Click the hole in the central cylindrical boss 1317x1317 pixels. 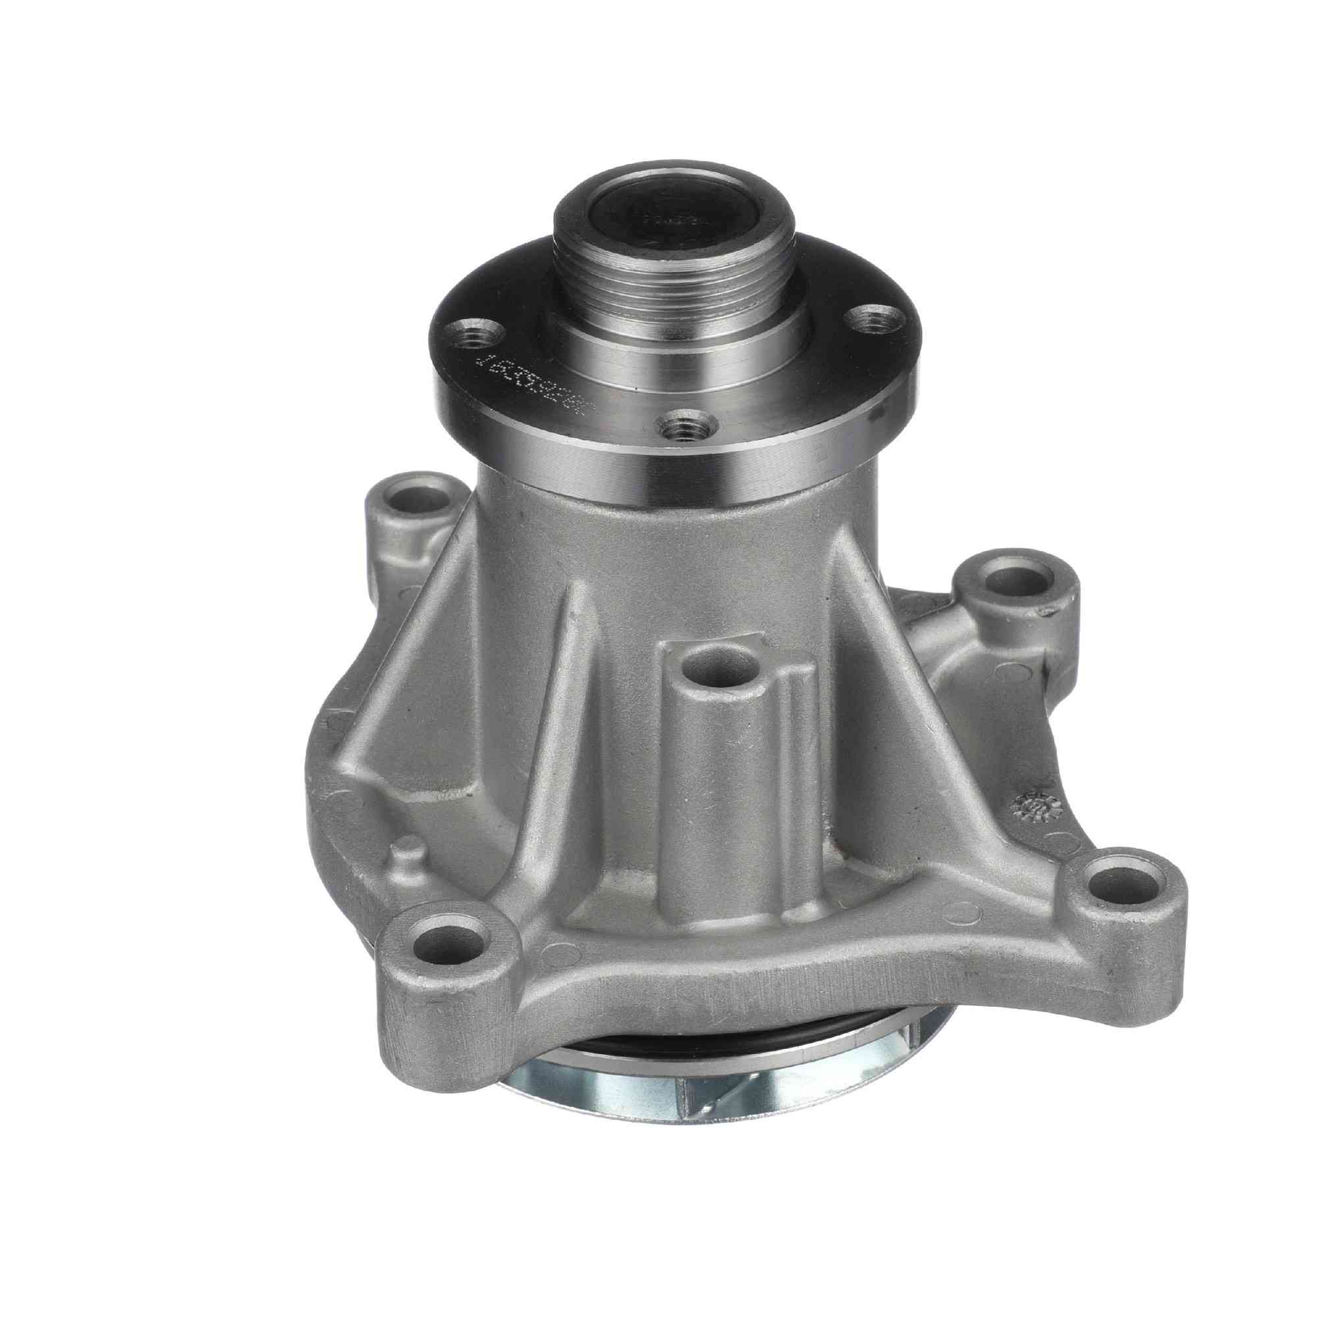coord(722,671)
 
